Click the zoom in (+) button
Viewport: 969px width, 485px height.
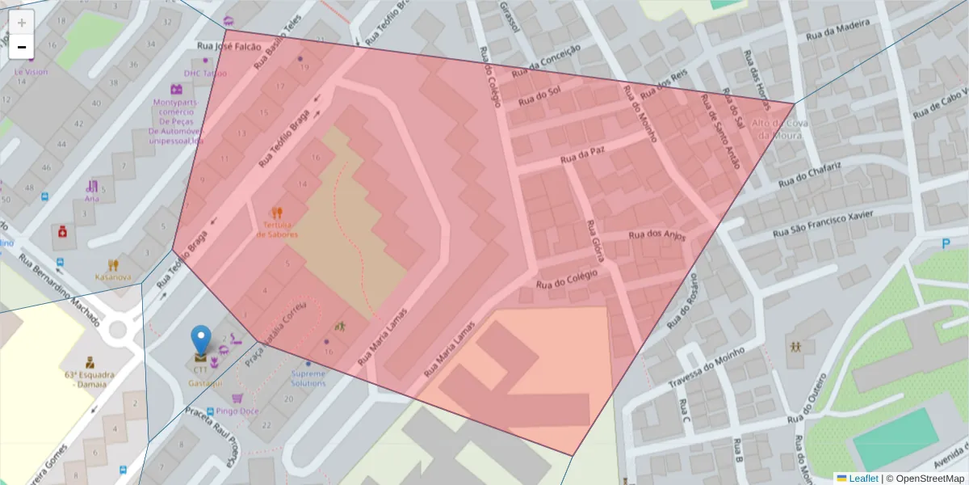pyautogui.click(x=22, y=23)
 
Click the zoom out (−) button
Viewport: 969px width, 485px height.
pyautogui.click(x=22, y=47)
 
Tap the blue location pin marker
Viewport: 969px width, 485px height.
pyautogui.click(x=200, y=340)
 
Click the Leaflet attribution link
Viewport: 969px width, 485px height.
pyautogui.click(x=862, y=479)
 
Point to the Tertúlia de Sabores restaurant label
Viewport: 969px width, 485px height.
pyautogui.click(x=278, y=229)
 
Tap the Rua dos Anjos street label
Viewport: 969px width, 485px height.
pyautogui.click(x=656, y=236)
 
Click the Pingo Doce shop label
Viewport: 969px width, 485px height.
pyautogui.click(x=237, y=411)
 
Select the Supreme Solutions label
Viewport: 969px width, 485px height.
pyautogui.click(x=308, y=377)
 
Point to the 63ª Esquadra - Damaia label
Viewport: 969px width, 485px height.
pyautogui.click(x=89, y=379)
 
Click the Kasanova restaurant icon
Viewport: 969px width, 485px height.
pyautogui.click(x=113, y=264)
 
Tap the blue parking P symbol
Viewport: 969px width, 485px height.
pyautogui.click(x=946, y=244)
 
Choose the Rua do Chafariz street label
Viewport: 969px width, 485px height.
pyautogui.click(x=810, y=175)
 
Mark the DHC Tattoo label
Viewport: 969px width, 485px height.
pyautogui.click(x=205, y=74)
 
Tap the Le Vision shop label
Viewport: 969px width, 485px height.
pyautogui.click(x=31, y=71)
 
